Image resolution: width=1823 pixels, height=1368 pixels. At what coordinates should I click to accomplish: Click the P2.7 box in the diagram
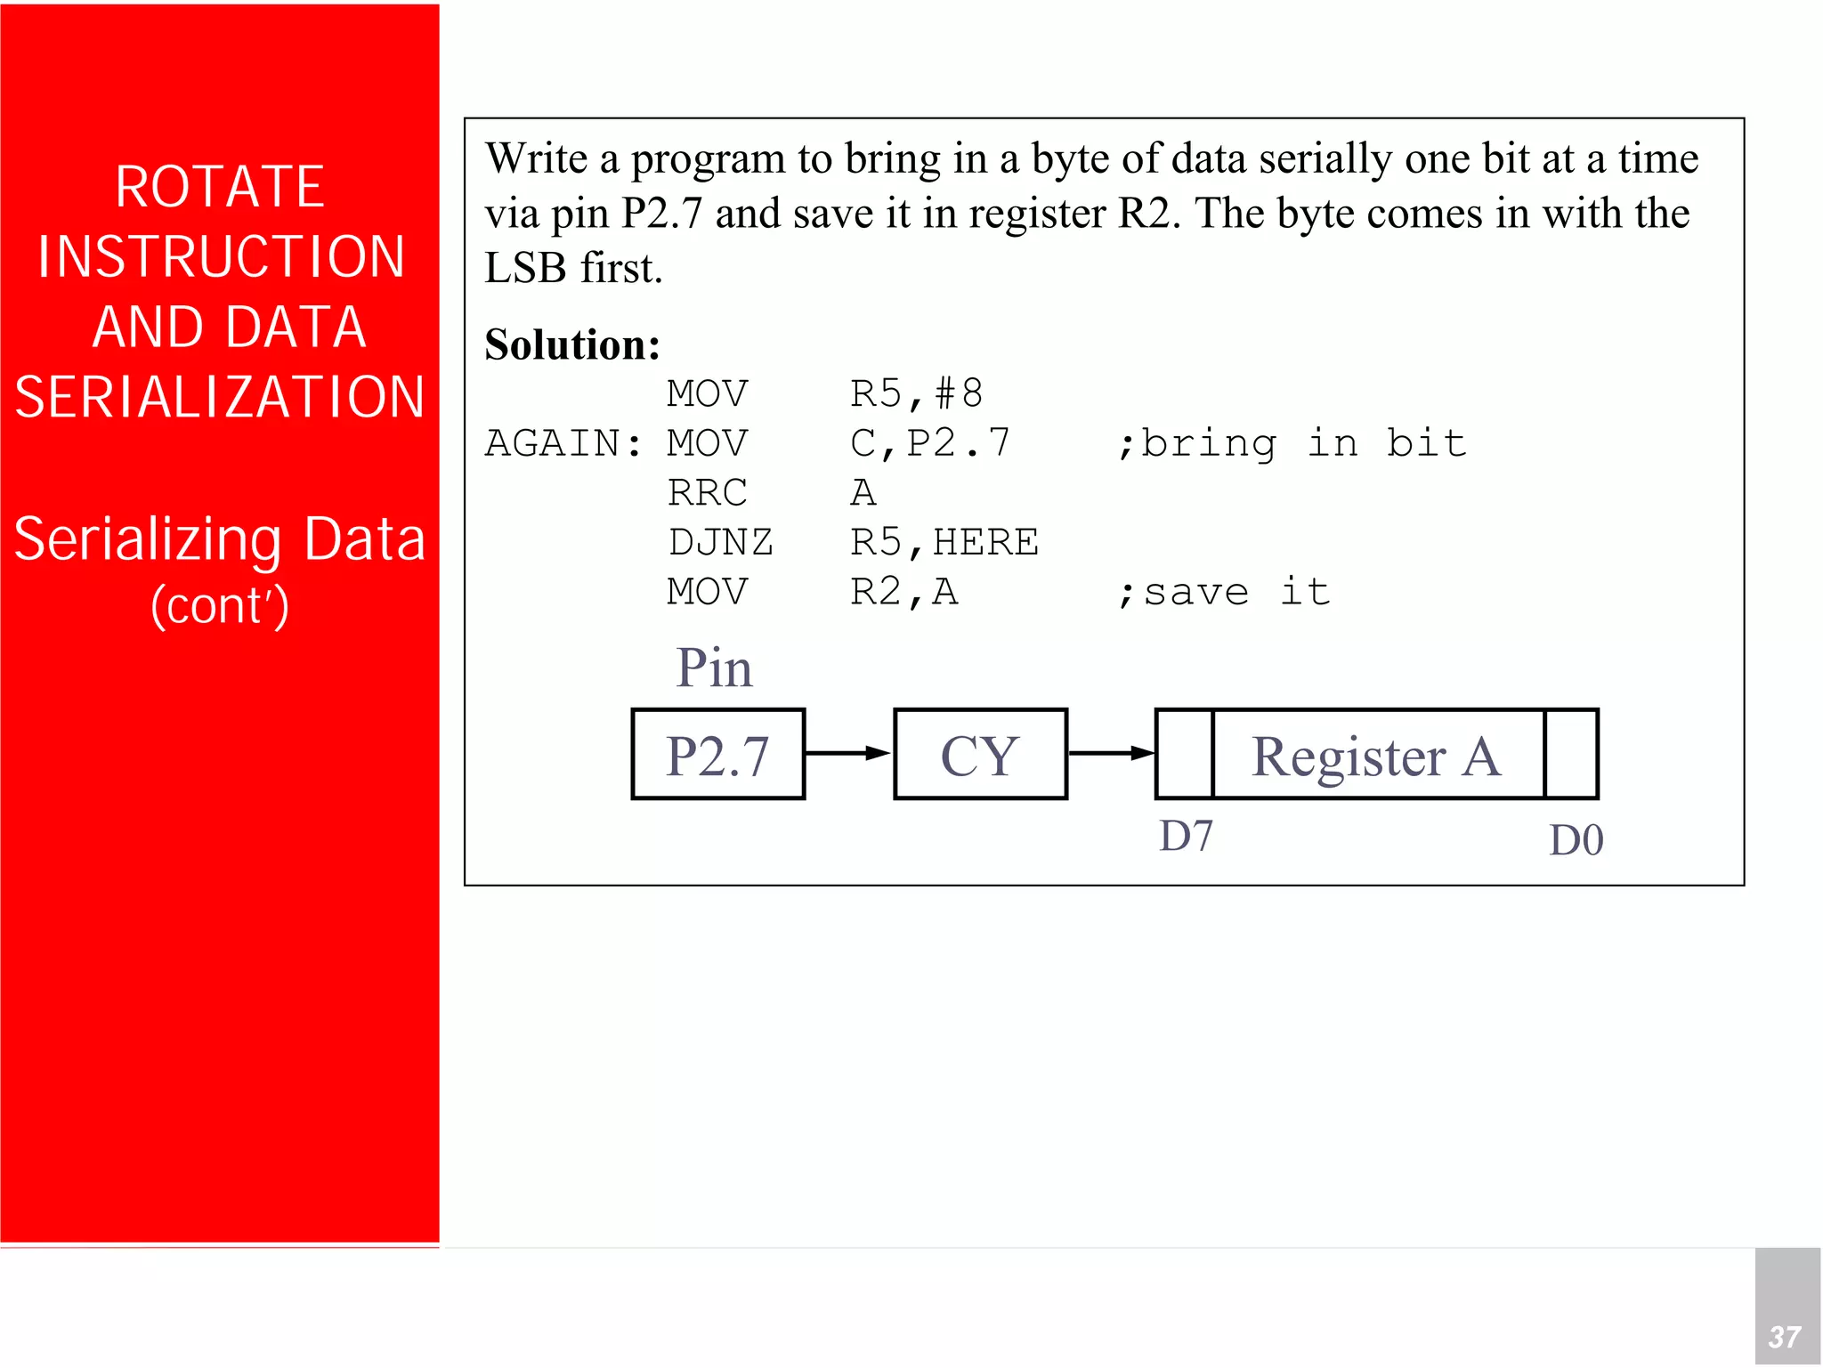(717, 755)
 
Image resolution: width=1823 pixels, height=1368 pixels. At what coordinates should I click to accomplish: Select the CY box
(980, 755)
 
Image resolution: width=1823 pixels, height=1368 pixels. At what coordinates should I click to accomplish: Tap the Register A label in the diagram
(1376, 757)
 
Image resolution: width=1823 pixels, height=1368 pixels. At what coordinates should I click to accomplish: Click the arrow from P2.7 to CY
(848, 753)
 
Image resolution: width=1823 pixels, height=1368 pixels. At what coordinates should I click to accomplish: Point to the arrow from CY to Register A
(1110, 753)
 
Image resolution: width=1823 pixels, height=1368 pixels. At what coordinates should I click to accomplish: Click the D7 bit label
(1186, 837)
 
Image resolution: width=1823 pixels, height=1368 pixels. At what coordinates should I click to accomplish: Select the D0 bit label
(1576, 840)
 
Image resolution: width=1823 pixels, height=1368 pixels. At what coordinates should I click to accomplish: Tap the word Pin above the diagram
(714, 668)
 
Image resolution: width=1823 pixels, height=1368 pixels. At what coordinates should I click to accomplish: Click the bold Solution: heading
(572, 345)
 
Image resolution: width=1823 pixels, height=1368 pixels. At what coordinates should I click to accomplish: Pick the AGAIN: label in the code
(563, 443)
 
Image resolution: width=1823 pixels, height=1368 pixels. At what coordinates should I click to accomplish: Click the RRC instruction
(708, 493)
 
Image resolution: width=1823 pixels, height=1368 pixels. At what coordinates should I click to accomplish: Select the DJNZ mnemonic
(720, 542)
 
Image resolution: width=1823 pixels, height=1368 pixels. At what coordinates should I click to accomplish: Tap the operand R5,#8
(916, 394)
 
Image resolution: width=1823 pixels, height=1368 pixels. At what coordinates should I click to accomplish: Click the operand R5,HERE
(944, 542)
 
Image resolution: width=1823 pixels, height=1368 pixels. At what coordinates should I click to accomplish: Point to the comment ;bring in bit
(1292, 443)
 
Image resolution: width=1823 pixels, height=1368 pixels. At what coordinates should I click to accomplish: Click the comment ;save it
(1224, 592)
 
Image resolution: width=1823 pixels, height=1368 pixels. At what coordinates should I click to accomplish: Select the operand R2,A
(903, 592)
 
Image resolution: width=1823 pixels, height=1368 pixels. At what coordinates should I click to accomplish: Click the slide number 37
(1785, 1336)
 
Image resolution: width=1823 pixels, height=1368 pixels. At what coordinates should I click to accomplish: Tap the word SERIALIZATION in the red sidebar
(220, 397)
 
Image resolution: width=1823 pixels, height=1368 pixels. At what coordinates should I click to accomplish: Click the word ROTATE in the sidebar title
(220, 187)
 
